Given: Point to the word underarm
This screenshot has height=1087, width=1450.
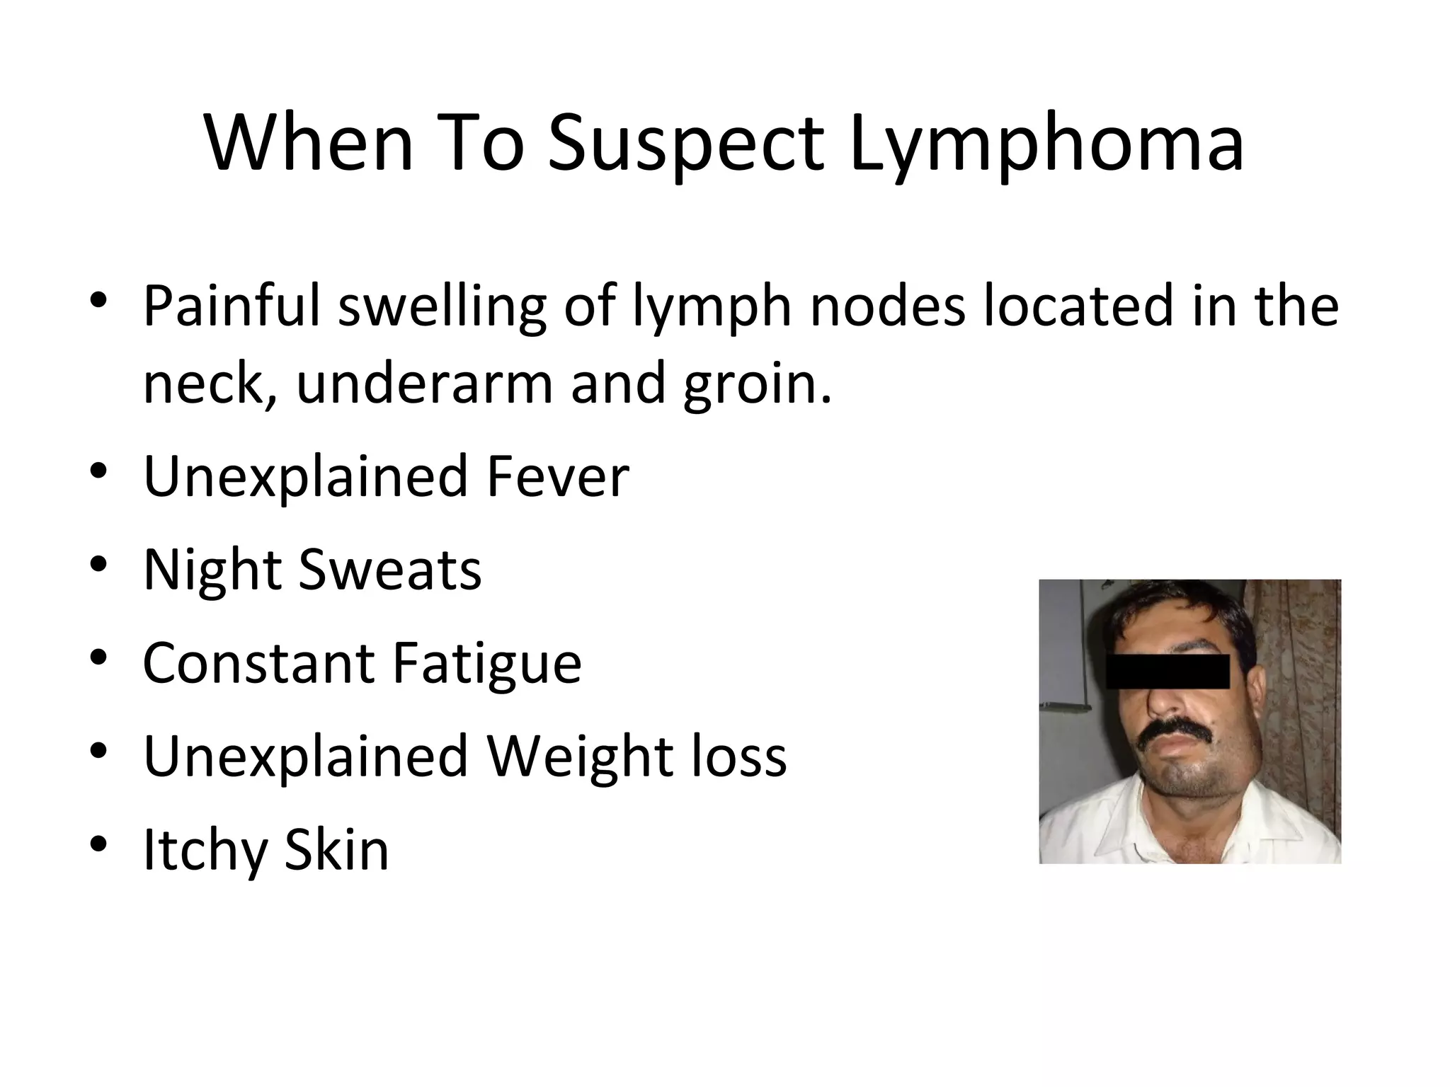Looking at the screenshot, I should tap(423, 384).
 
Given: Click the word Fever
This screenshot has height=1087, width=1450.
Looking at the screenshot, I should tap(557, 476).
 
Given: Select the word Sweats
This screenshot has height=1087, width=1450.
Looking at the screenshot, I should tap(389, 570).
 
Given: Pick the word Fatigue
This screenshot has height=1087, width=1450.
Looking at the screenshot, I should tap(486, 664).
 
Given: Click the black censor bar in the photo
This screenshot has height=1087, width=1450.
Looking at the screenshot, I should tap(1168, 672).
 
